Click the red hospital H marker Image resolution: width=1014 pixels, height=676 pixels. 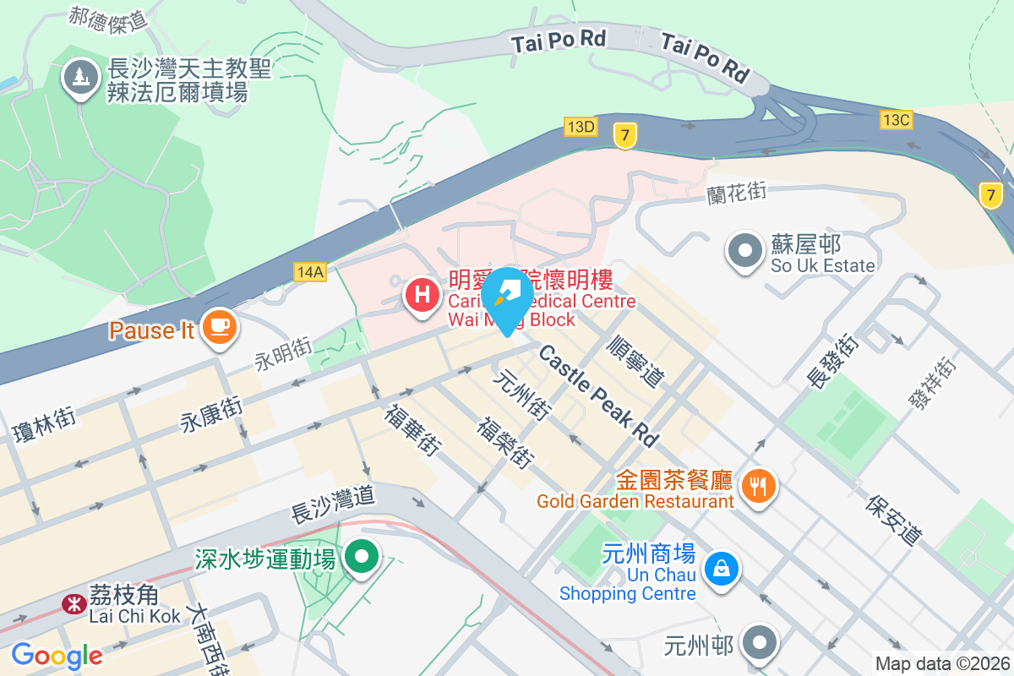click(x=422, y=296)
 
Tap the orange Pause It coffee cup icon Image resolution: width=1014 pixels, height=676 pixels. click(x=220, y=326)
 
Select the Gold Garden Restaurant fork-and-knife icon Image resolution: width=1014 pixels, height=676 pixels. click(x=757, y=485)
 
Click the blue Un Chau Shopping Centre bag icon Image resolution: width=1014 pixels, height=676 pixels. click(x=722, y=569)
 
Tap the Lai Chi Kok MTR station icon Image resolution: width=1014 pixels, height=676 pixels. click(x=74, y=603)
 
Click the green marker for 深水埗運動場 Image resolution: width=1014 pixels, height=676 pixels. click(x=364, y=557)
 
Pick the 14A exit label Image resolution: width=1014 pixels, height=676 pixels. click(x=310, y=271)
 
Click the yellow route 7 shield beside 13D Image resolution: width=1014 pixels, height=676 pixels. click(x=624, y=134)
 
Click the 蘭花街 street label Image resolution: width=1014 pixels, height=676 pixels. click(x=736, y=193)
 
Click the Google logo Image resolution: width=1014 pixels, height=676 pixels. click(x=57, y=656)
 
